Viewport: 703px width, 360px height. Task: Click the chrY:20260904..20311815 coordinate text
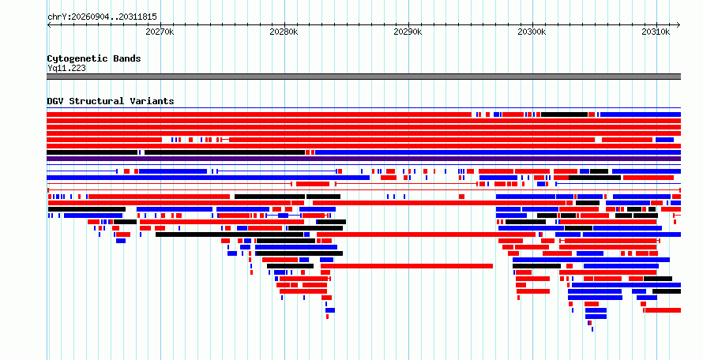(102, 17)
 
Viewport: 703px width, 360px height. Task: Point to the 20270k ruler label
(160, 32)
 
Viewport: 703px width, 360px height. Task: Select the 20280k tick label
(284, 32)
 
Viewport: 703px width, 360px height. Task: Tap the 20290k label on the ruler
(408, 32)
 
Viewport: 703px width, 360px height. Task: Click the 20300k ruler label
(532, 32)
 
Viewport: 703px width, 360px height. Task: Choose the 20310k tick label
(656, 32)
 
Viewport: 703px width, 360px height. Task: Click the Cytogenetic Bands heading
(94, 58)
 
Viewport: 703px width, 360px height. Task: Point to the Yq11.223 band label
(67, 68)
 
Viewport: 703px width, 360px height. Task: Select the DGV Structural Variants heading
(111, 101)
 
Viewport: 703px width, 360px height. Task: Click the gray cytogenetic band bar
(363, 77)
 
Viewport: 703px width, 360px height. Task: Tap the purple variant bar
(363, 159)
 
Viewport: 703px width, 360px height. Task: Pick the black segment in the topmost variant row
(564, 114)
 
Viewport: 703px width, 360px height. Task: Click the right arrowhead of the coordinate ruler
(679, 25)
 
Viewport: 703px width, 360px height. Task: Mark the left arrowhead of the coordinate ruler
(49, 25)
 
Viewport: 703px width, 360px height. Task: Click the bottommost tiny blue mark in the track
(592, 329)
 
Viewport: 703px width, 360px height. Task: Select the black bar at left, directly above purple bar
(92, 152)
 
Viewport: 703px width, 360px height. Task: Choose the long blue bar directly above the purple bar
(498, 152)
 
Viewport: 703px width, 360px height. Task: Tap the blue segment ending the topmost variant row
(641, 114)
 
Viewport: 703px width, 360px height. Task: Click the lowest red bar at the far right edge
(663, 310)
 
